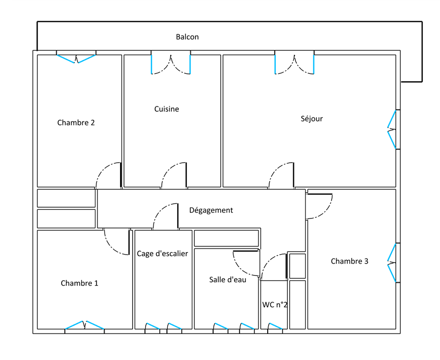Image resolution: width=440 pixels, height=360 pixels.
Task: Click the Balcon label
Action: (187, 37)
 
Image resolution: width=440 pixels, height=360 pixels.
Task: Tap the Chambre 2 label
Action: (76, 123)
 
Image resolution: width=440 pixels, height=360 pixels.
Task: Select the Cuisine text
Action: (166, 109)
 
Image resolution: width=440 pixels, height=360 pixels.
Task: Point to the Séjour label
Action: (311, 118)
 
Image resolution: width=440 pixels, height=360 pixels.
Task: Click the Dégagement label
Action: (211, 210)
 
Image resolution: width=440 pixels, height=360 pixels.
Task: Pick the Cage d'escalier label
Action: (162, 254)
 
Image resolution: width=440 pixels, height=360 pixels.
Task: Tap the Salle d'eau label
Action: (228, 280)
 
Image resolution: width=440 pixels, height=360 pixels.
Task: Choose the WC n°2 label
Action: (275, 305)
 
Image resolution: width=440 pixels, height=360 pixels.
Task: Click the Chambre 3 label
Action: (350, 261)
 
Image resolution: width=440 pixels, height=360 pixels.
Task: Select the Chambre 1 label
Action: (79, 283)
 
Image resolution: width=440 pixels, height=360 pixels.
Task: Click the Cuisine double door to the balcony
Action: (171, 64)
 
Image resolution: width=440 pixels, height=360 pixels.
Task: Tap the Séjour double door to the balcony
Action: (294, 64)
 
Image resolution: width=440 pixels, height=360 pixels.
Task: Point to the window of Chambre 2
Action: (76, 59)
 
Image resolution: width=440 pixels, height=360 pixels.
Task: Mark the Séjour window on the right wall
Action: (392, 130)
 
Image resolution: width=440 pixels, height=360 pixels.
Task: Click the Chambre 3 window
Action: (392, 263)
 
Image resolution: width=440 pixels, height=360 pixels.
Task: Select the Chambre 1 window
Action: (84, 325)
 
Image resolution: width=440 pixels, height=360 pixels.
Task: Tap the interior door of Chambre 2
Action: (109, 175)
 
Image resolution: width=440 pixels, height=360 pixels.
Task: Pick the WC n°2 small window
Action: (275, 326)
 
